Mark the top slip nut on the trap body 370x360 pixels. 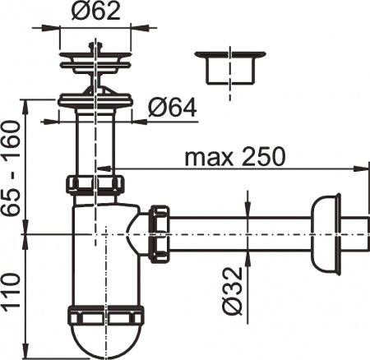pyautogui.click(x=96, y=182)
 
